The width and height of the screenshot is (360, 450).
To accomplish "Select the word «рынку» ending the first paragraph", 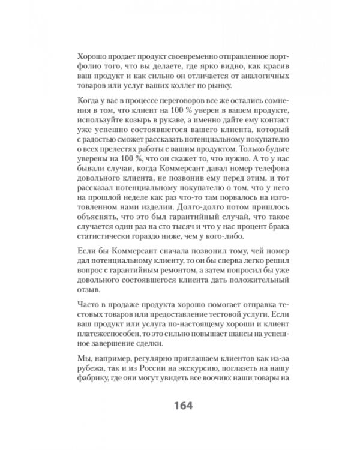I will [218, 86].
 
